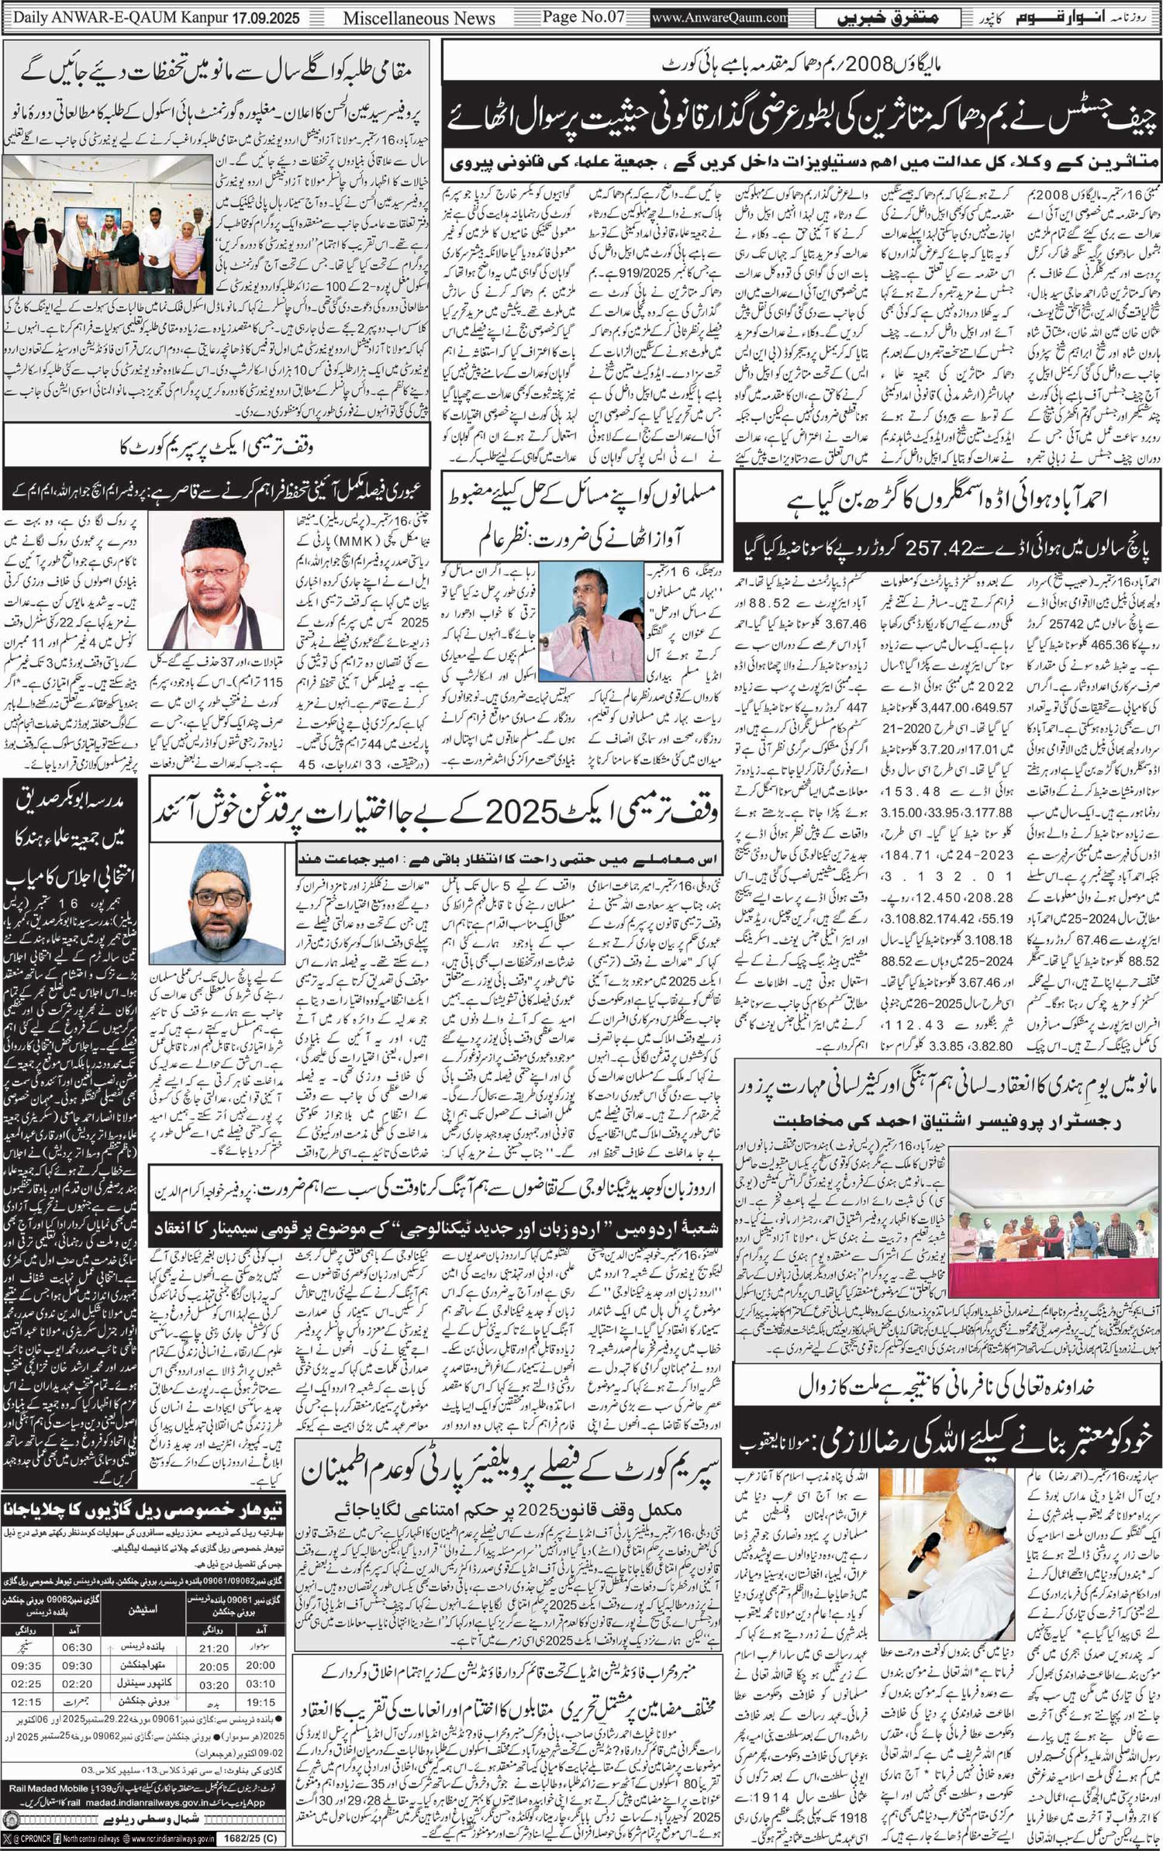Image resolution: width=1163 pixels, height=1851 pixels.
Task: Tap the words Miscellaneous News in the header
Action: [419, 18]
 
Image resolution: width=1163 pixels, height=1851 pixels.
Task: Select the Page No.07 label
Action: [583, 17]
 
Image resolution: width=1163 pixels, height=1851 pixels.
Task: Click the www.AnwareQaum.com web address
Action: [720, 18]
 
